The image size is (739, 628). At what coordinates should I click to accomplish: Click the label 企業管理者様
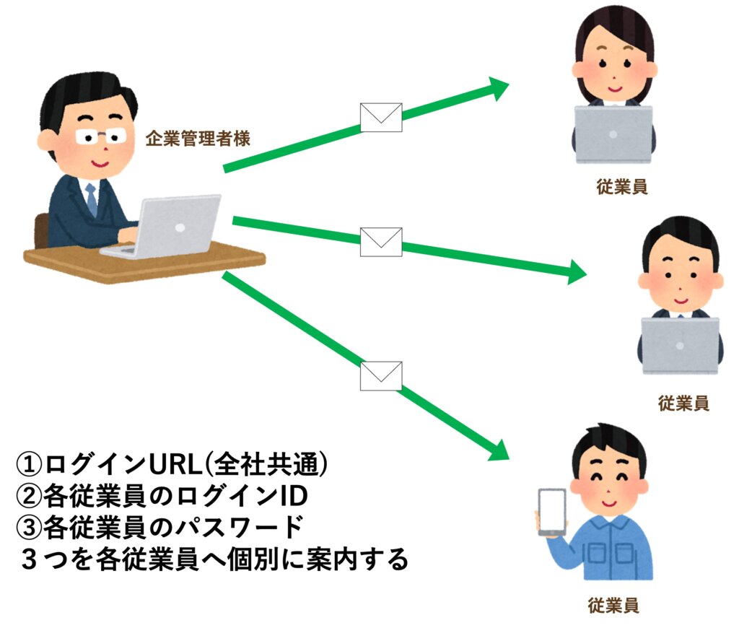pyautogui.click(x=198, y=139)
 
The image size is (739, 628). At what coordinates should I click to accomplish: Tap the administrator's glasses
pyautogui.click(x=98, y=136)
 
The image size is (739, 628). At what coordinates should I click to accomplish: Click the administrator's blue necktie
pyautogui.click(x=92, y=199)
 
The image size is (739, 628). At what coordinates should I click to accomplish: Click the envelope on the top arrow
pyautogui.click(x=380, y=117)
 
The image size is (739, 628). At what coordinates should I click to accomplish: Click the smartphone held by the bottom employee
pyautogui.click(x=552, y=511)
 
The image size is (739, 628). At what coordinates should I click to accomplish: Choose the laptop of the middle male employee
pyautogui.click(x=681, y=345)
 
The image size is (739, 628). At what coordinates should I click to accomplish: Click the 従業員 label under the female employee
pyautogui.click(x=621, y=187)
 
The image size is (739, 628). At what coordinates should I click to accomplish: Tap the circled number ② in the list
pyautogui.click(x=30, y=497)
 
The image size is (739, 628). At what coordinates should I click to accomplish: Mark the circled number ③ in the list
pyautogui.click(x=30, y=528)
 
